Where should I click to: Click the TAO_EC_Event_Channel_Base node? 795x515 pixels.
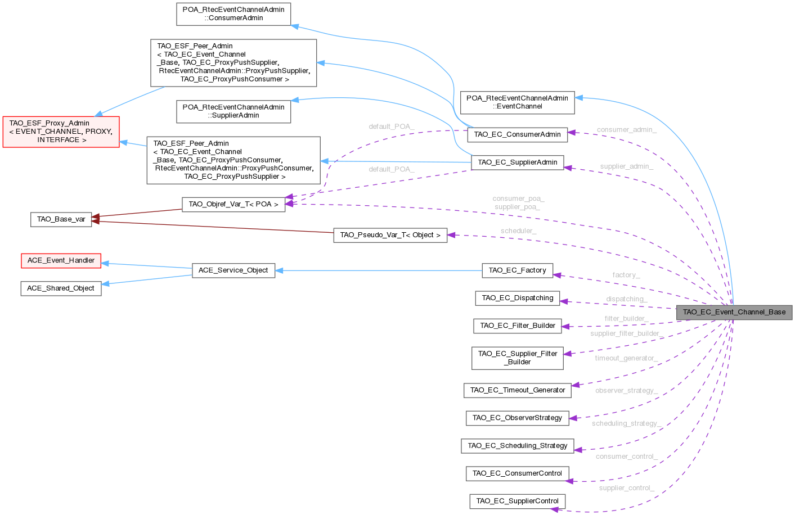click(734, 312)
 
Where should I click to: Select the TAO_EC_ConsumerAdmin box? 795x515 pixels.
click(517, 134)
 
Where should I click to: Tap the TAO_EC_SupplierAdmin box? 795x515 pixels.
click(517, 162)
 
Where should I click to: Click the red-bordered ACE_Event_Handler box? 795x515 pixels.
click(61, 260)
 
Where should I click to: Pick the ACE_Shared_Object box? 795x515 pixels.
click(61, 288)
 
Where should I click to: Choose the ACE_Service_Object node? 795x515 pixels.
click(233, 270)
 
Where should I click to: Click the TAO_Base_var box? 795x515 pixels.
click(61, 219)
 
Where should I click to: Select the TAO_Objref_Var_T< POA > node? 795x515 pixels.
click(233, 204)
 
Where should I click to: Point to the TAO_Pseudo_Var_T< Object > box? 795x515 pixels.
click(390, 235)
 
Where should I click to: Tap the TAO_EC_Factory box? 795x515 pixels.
click(517, 270)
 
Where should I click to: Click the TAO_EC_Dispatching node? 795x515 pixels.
click(517, 298)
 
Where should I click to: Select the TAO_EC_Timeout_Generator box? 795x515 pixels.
click(517, 390)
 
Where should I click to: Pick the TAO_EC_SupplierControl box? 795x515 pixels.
click(517, 501)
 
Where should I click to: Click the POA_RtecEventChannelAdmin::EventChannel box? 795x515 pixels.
click(517, 102)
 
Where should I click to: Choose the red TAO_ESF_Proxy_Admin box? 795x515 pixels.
click(61, 132)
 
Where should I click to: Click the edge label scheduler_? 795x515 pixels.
click(518, 231)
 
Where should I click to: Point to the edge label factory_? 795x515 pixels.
click(626, 275)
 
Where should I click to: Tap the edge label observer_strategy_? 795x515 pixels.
click(626, 390)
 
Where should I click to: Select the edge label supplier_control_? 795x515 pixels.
click(626, 488)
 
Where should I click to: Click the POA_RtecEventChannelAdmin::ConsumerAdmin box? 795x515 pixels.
click(233, 14)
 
